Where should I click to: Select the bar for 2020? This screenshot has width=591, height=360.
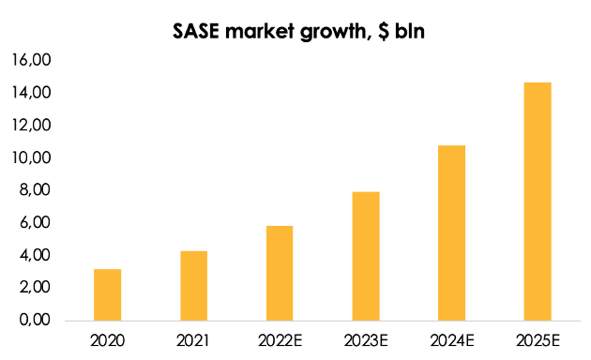(107, 294)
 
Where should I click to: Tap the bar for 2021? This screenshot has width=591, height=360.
(193, 285)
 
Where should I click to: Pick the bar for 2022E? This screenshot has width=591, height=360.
(280, 273)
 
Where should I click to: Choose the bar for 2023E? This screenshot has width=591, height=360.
(366, 256)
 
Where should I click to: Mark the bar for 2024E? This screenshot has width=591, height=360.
(452, 232)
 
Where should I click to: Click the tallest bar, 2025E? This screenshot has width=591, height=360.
(538, 202)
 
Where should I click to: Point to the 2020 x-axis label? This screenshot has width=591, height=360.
(107, 337)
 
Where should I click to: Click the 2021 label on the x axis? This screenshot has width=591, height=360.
(193, 337)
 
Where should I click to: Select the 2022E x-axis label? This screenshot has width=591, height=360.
(280, 337)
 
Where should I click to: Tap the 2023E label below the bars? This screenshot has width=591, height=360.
(366, 337)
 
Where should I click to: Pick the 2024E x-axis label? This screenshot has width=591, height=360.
(452, 337)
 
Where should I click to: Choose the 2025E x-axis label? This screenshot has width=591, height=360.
(538, 337)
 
